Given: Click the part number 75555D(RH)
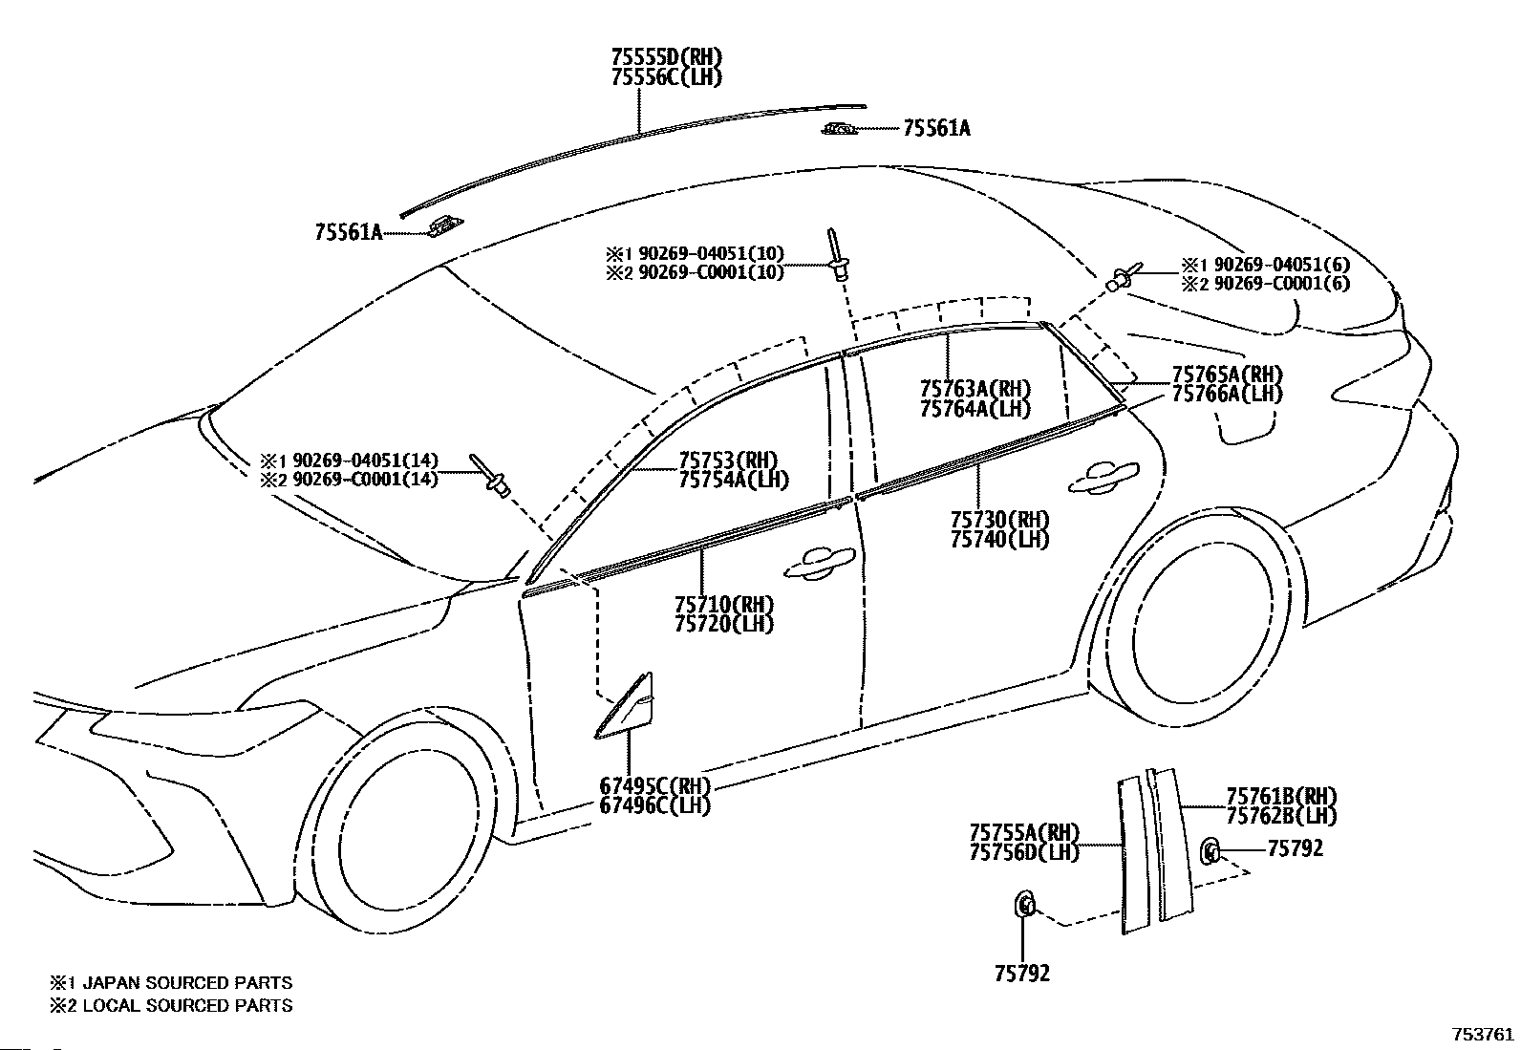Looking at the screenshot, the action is coord(667,57).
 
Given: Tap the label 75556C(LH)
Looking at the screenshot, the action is coord(667,77).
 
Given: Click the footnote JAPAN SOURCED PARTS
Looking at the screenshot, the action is coord(187,983).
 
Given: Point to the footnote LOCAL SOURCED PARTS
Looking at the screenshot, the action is coord(187,1005).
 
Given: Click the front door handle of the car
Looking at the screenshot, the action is coord(818,563).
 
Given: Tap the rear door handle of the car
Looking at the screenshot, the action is coord(1103,477).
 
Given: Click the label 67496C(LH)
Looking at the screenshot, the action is coord(654,805).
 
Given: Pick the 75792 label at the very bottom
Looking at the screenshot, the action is coord(1022,974).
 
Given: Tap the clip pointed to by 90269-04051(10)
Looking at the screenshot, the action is coord(837,255).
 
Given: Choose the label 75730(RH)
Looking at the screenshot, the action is coord(999,521).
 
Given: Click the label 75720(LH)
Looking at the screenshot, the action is coord(724,624).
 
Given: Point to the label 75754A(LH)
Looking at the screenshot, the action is coord(734,481).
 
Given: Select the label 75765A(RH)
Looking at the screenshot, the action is coord(1228,375).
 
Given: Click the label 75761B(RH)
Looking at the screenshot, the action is coord(1281,795).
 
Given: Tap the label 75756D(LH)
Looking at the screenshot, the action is coord(1024,852).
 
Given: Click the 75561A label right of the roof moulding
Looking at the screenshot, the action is coord(936,128).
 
